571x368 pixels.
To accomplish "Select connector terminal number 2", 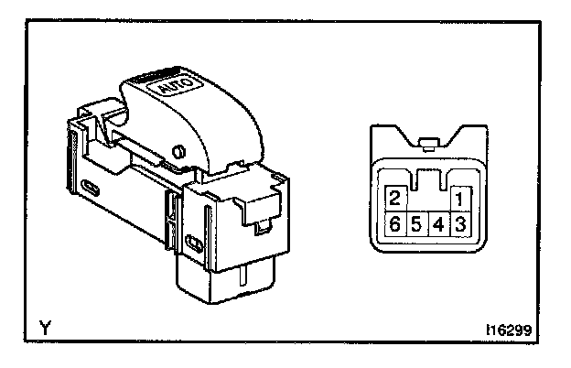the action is point(395,199).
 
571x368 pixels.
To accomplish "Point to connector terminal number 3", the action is point(460,223).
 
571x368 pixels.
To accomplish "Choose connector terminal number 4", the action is point(439,223).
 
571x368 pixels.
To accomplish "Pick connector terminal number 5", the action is point(417,223).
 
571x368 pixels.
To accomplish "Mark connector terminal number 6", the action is point(395,223).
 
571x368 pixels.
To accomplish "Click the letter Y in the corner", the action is point(45,326).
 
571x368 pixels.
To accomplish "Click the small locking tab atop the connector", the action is point(427,141).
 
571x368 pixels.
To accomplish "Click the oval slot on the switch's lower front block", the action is point(194,243).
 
